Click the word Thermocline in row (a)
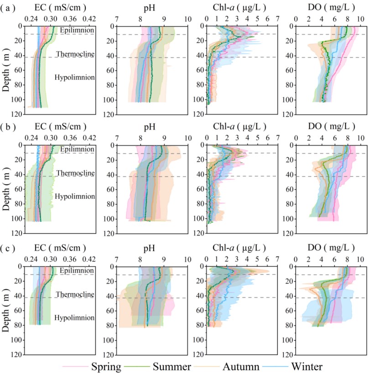[75, 54]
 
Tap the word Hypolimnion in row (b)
[75, 196]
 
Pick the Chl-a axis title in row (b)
[240, 126]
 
